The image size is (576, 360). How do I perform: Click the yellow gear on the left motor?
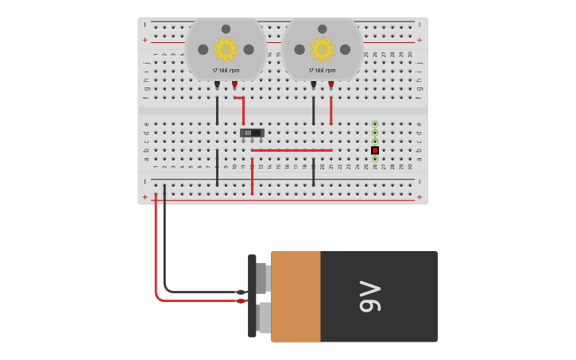226,49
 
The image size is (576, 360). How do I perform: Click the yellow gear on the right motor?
322,49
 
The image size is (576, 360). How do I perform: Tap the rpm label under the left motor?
226,71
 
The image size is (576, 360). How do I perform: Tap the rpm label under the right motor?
322,71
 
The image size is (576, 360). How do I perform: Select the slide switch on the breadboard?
252,133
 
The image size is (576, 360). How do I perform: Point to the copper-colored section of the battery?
296,296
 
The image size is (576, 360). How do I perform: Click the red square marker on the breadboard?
375,150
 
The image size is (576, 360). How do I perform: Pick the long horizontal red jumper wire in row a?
291,150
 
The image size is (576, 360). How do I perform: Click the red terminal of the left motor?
234,83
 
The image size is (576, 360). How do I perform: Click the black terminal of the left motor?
217,83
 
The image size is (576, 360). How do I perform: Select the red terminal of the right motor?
331,83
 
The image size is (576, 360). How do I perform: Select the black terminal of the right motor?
314,83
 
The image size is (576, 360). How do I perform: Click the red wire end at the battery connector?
241,301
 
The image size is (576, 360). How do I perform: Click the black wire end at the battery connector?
241,292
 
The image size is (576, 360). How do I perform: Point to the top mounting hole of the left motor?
226,29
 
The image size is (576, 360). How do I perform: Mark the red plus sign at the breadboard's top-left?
145,40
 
